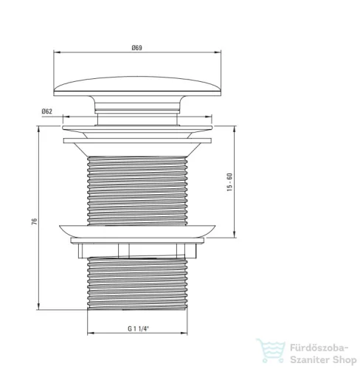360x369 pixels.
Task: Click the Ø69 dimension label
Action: pos(136,47)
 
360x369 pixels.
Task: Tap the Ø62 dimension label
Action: pos(47,111)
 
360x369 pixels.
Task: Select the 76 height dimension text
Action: pos(35,221)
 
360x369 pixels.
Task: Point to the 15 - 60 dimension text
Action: pos(229,182)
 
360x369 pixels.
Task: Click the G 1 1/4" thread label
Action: pos(139,328)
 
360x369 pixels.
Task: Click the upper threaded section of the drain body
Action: pos(137,190)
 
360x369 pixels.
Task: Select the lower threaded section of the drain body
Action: pos(137,283)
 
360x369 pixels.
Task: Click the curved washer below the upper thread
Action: pos(137,232)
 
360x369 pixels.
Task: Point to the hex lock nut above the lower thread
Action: pos(137,251)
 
